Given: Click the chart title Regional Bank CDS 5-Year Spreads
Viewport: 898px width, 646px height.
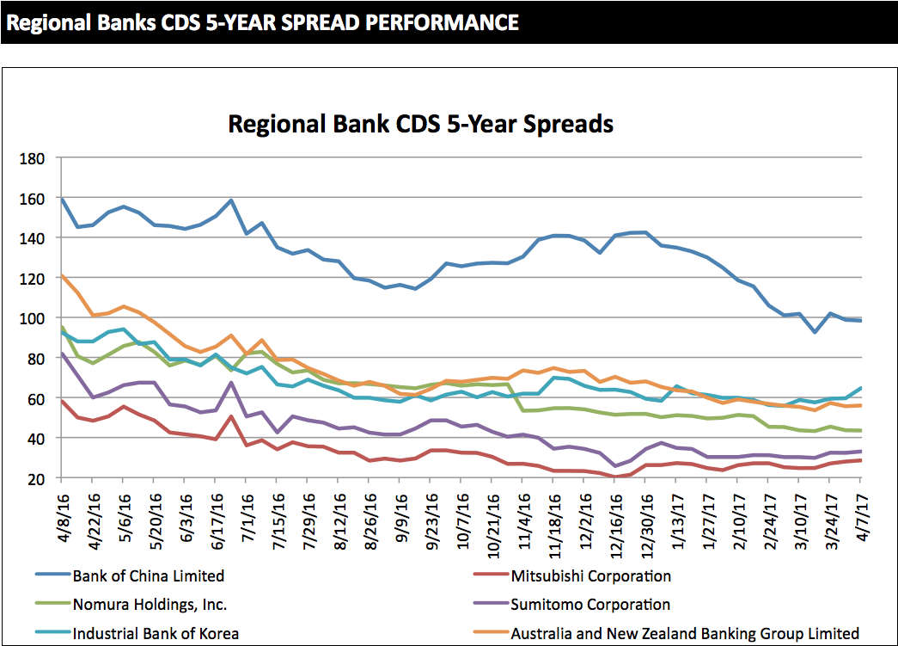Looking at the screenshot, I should click(x=420, y=124).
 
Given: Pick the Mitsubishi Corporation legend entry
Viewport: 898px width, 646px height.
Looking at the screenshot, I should click(x=590, y=575).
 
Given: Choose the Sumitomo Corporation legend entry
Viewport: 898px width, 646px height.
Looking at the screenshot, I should click(x=590, y=605).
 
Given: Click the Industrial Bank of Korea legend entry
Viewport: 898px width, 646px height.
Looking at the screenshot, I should click(x=156, y=634).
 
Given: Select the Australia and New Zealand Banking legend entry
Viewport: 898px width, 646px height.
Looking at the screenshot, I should click(x=685, y=634).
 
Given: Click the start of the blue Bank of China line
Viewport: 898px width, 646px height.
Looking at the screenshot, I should click(x=61, y=199).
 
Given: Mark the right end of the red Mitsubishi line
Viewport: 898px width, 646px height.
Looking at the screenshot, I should click(x=861, y=460).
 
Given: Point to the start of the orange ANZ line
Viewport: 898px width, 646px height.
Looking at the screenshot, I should click(x=61, y=276).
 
